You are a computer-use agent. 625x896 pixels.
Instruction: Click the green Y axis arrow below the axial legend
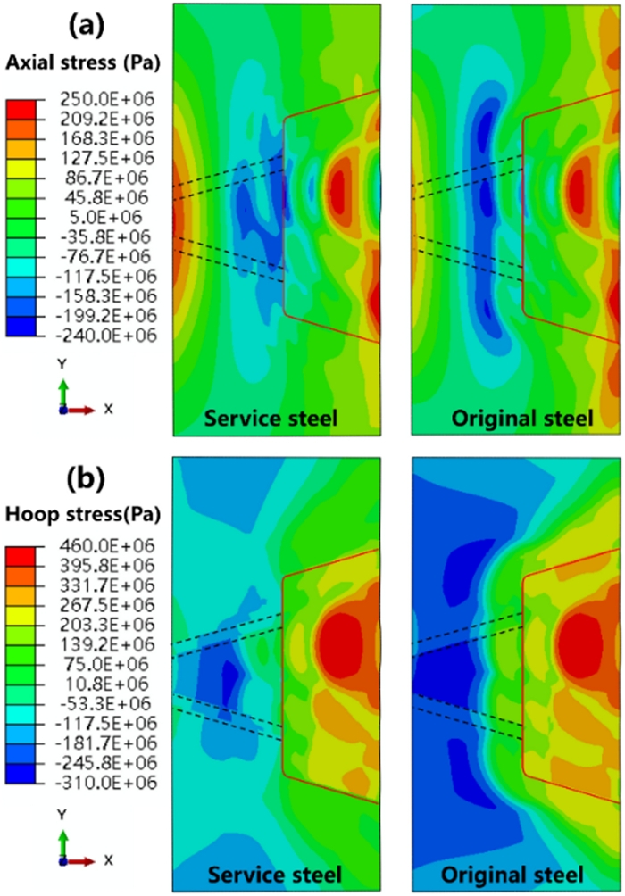[63, 393]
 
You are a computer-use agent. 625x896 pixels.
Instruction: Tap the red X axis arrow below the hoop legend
[82, 861]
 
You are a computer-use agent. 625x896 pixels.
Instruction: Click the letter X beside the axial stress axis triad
[107, 409]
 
